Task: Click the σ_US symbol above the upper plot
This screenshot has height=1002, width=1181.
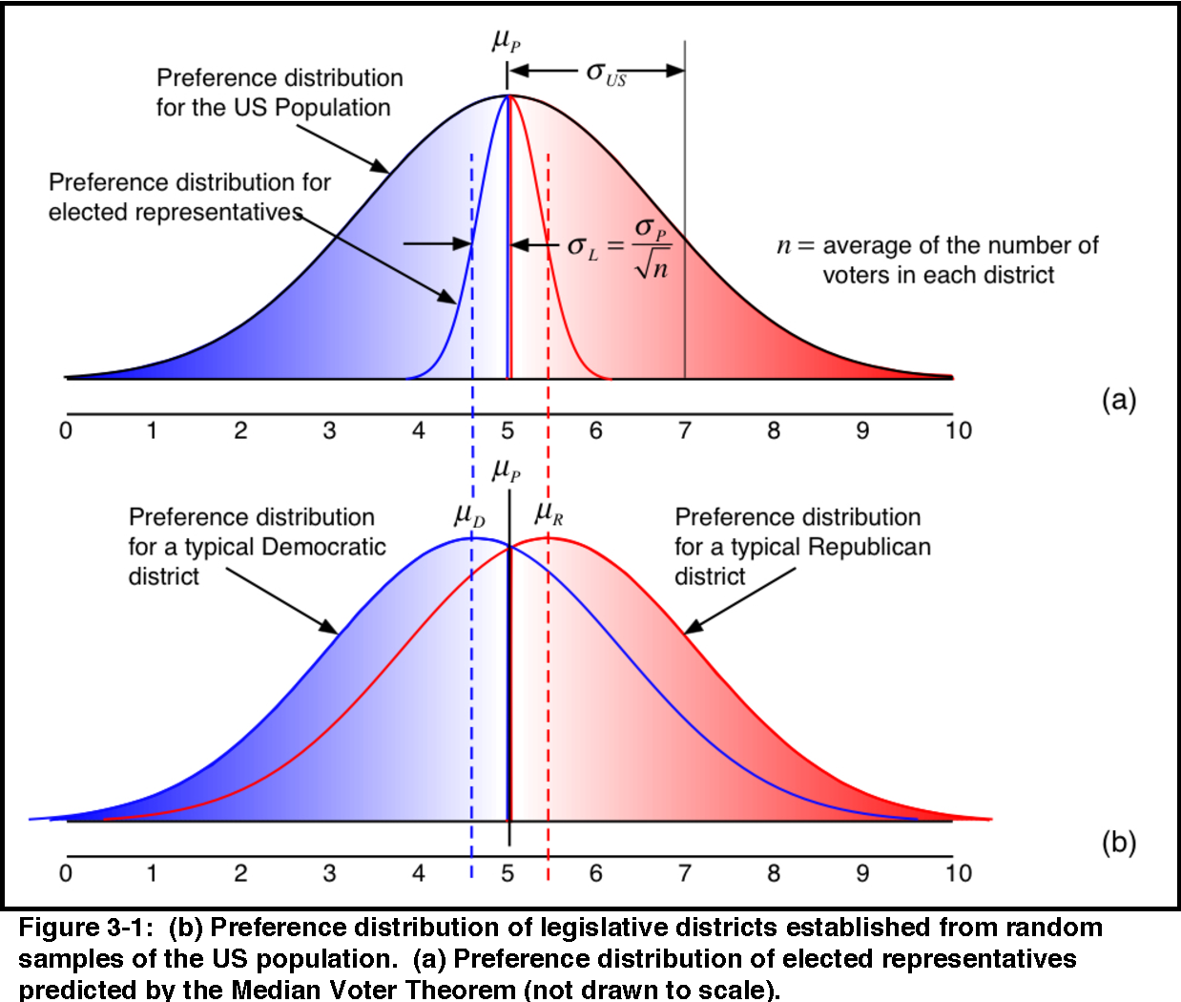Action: click(x=606, y=73)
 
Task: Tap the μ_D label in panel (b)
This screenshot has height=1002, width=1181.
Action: click(x=469, y=515)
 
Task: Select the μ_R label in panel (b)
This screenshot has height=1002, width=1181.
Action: click(x=549, y=514)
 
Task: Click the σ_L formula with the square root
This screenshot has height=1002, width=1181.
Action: click(x=618, y=247)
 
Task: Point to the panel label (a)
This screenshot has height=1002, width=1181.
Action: click(x=1118, y=399)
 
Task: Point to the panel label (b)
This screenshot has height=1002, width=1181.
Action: click(x=1118, y=843)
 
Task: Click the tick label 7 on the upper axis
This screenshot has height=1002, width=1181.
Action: click(x=684, y=431)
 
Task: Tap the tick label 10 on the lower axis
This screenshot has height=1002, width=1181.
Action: click(x=958, y=873)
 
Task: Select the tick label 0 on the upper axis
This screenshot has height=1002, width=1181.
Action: click(x=65, y=431)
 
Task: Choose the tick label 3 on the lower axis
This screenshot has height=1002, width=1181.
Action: click(x=329, y=873)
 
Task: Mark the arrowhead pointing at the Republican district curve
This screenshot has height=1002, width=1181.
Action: click(x=693, y=627)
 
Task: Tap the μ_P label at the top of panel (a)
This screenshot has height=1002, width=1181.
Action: click(x=506, y=40)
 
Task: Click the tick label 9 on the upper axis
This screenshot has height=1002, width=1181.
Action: click(x=861, y=431)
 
